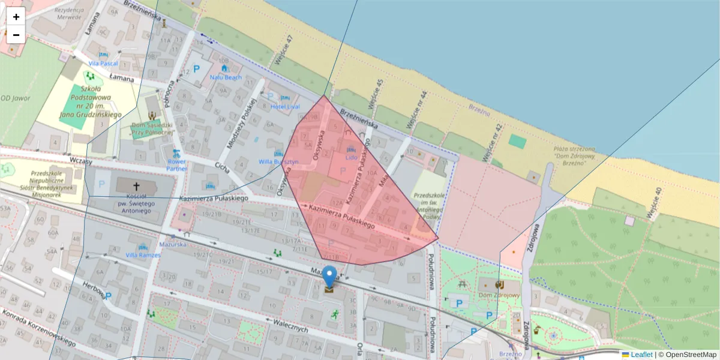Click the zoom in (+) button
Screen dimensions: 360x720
pos(16,17)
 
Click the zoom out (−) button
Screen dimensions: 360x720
pos(16,35)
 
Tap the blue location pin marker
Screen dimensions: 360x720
pos(329,277)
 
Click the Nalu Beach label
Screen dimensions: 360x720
pos(226,77)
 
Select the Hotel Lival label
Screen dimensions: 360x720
pos(285,107)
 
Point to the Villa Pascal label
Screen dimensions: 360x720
pos(103,63)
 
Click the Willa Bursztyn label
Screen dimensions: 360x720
pos(278,162)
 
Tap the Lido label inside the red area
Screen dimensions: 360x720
pos(352,158)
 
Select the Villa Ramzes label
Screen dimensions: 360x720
pos(143,255)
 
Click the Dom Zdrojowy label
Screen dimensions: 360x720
pos(499,295)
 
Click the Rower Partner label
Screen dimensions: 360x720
pos(177,165)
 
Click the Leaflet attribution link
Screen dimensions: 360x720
pos(641,355)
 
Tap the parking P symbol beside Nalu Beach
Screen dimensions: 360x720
pos(195,71)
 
